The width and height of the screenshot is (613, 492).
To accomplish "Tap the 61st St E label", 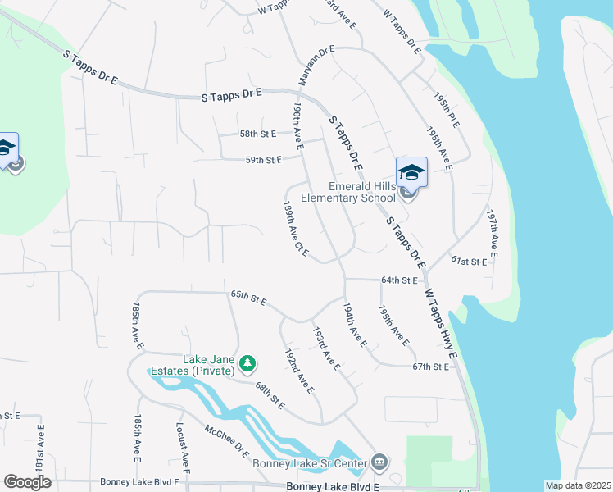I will (470, 261).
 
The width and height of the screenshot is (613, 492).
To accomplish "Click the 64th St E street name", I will (401, 280).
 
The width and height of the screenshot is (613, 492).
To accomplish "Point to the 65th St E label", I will (248, 297).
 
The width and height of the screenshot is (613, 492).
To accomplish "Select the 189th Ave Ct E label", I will (295, 229).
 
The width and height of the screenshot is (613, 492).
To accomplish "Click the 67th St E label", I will (431, 366).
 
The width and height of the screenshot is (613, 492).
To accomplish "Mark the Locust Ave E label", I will (183, 449).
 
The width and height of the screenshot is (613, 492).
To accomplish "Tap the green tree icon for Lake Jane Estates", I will (245, 362).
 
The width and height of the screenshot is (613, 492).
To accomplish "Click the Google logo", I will (27, 482).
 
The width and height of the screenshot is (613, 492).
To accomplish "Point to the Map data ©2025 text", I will (578, 485).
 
